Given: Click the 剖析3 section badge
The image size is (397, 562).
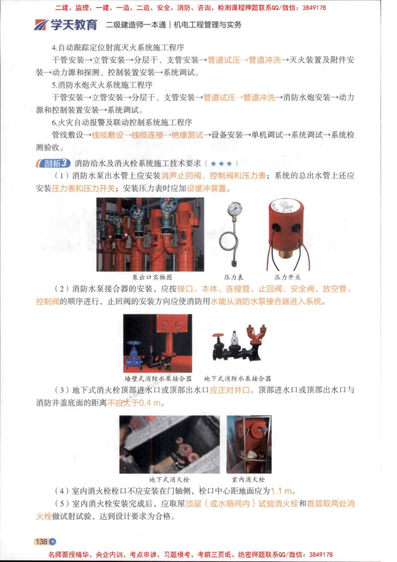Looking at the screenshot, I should click(x=53, y=163).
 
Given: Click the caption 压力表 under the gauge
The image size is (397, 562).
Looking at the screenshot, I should click(x=234, y=277).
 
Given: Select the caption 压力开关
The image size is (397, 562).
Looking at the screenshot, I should click(x=287, y=277).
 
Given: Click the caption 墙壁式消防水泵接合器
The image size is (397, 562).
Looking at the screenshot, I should click(x=158, y=378).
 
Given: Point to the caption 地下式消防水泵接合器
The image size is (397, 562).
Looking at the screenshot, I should click(x=237, y=378).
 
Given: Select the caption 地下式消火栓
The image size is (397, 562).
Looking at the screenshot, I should click(x=169, y=480).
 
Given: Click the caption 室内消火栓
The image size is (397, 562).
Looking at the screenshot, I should click(x=248, y=480).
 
